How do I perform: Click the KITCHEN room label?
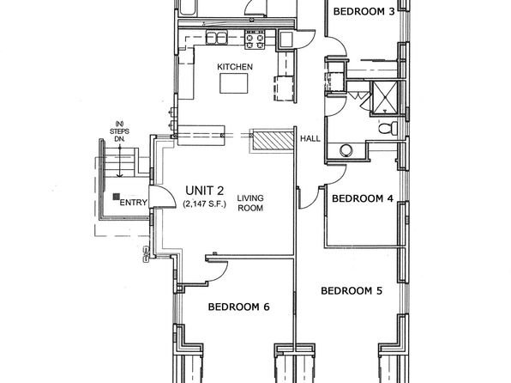[x=235, y=67]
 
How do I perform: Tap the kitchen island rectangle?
[x=233, y=83]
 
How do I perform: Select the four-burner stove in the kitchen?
[x=255, y=40]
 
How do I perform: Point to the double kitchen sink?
[x=216, y=38]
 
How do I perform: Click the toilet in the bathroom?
[x=388, y=127]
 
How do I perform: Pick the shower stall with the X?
[x=385, y=97]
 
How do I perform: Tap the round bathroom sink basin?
[x=346, y=151]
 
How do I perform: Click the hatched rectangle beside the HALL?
[x=274, y=140]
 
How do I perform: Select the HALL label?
[x=310, y=139]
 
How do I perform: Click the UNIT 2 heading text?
[x=204, y=191]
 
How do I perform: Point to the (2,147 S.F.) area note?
[x=204, y=204]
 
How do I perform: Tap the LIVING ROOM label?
[x=250, y=203]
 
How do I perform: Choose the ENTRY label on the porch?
[x=133, y=203]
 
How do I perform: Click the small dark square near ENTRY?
[x=116, y=197]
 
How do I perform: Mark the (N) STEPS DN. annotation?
[x=119, y=131]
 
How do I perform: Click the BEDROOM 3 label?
[x=364, y=12]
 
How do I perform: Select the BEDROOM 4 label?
[x=363, y=198]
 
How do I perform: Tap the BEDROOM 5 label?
[x=352, y=290]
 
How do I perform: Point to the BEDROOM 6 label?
[x=239, y=307]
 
